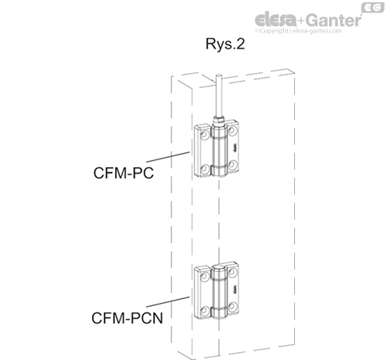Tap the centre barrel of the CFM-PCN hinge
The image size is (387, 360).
pyautogui.click(x=219, y=291)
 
